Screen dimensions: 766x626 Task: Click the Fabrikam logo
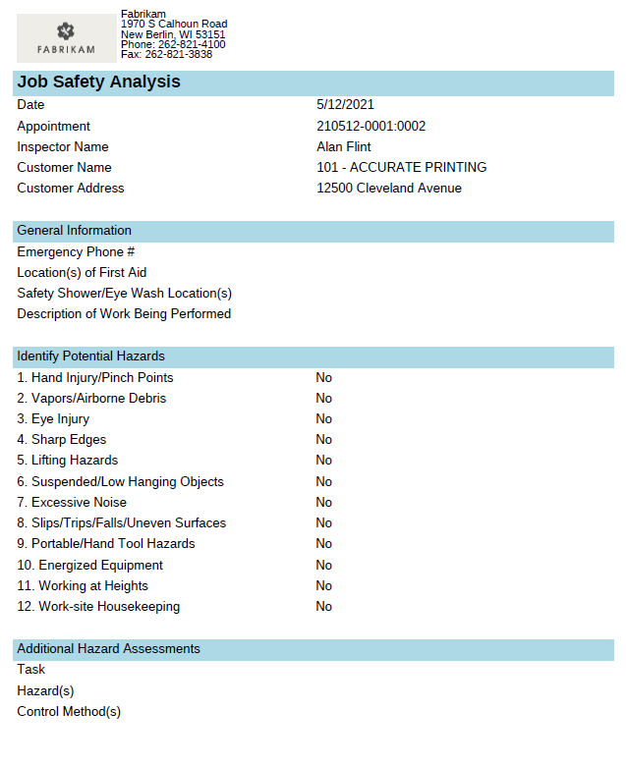(x=66, y=38)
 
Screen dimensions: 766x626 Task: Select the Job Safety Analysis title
(x=98, y=82)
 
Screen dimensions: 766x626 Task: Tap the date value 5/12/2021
(x=345, y=105)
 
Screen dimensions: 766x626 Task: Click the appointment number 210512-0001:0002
(x=370, y=126)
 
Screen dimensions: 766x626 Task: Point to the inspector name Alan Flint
(x=344, y=146)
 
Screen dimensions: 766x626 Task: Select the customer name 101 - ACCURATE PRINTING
(x=401, y=167)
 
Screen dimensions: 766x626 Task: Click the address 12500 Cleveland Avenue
(x=388, y=188)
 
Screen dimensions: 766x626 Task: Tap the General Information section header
(x=74, y=231)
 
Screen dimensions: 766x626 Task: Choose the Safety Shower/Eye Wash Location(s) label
(x=124, y=293)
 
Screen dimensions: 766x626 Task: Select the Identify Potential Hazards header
(x=90, y=356)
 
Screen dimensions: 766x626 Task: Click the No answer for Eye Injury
(x=323, y=419)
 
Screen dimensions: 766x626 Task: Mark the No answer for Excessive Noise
(x=323, y=502)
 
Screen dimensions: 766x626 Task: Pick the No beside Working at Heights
(x=323, y=585)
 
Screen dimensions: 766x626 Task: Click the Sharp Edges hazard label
(x=61, y=439)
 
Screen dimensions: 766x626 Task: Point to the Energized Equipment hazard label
(x=89, y=565)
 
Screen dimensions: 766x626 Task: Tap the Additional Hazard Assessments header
(x=108, y=649)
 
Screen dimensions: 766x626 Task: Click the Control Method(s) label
(x=69, y=711)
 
